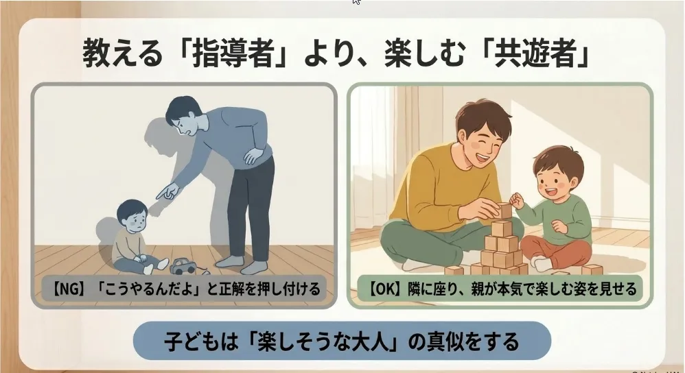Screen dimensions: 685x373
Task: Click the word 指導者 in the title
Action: (233, 53)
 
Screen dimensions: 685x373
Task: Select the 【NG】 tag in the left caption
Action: (68, 289)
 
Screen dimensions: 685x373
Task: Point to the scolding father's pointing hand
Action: (167, 191)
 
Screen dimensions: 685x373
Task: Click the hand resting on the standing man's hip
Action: (254, 156)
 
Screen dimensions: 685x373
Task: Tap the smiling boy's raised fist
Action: (517, 200)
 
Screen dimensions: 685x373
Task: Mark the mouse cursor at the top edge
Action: (356, 2)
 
